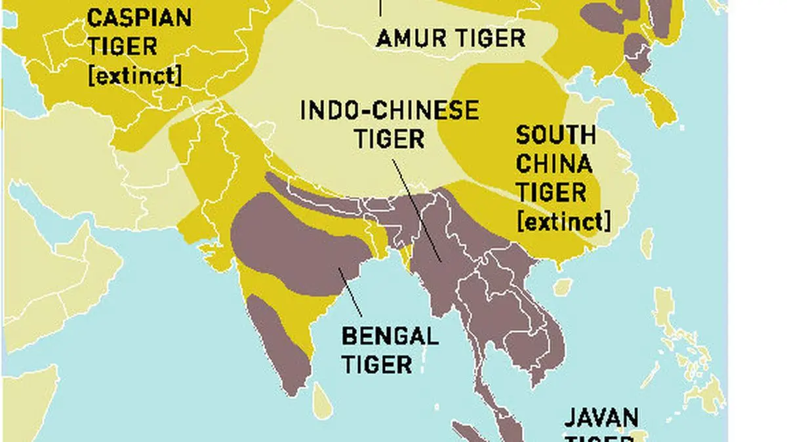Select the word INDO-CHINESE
tap(390, 111)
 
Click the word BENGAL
tap(390, 337)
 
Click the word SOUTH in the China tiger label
tap(555, 136)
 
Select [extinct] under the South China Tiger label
tap(563, 221)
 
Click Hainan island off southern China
tap(563, 287)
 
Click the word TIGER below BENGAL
tap(376, 363)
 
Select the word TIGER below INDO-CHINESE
tap(389, 138)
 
